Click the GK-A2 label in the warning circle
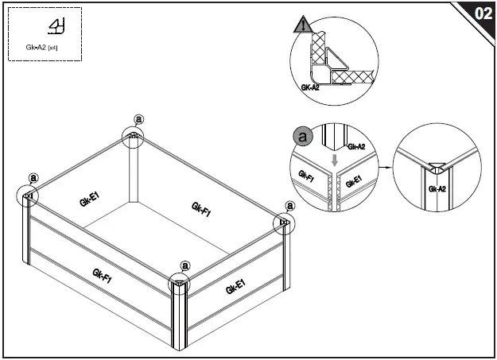pos(310,87)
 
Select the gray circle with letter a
pos(302,136)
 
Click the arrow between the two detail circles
pos(385,167)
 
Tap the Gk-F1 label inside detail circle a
pos(306,176)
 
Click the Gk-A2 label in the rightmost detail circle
pos(437,189)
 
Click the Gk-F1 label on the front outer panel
pos(101,276)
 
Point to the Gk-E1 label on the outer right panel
pos(235,286)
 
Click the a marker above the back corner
pos(139,119)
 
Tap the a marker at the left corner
pos(33,178)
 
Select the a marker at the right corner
pos(289,205)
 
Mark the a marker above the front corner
pos(185,265)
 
